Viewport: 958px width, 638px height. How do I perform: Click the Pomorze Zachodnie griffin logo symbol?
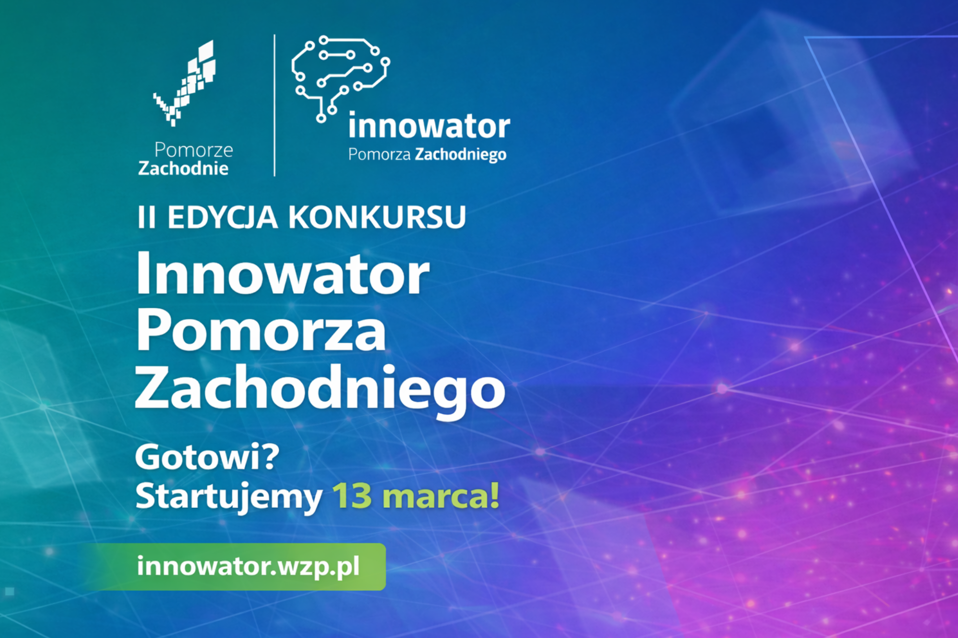[x=184, y=84]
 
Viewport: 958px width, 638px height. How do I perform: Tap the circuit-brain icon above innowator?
[x=340, y=77]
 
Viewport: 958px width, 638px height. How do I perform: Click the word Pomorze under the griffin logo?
[x=194, y=150]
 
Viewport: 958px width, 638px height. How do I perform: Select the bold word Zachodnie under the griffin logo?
[x=183, y=168]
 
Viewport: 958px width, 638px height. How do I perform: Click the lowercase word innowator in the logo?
[x=429, y=126]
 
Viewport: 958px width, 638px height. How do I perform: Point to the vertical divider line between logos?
[x=274, y=105]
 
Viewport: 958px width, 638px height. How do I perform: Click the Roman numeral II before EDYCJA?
[x=147, y=217]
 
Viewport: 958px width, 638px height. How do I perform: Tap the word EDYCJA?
[x=222, y=217]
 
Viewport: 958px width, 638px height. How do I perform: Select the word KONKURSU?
[x=377, y=217]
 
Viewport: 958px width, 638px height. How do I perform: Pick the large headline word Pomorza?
[x=261, y=331]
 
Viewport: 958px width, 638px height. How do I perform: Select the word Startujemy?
[x=229, y=496]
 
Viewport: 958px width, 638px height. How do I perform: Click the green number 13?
[x=352, y=496]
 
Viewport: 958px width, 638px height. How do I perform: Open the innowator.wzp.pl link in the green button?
[x=248, y=567]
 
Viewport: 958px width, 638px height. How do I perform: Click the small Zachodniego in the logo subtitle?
[x=460, y=155]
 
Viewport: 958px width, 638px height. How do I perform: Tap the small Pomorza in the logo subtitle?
[x=379, y=155]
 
